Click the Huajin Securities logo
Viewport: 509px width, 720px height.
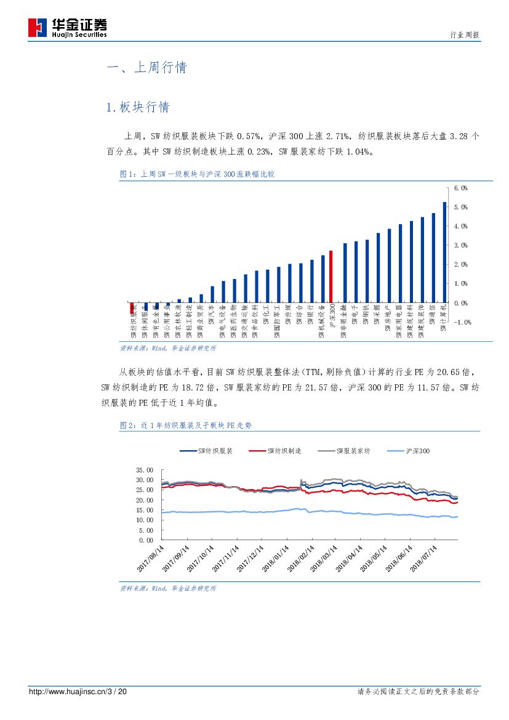click(x=68, y=28)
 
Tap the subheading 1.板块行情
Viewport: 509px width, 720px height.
click(x=137, y=107)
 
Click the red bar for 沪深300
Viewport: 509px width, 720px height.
click(x=331, y=277)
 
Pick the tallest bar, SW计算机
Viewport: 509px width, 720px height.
click(x=444, y=252)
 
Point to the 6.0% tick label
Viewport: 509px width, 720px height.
click(x=461, y=188)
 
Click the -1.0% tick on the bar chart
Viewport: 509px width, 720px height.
click(x=462, y=322)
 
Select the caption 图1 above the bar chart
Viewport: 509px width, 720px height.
click(x=197, y=174)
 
